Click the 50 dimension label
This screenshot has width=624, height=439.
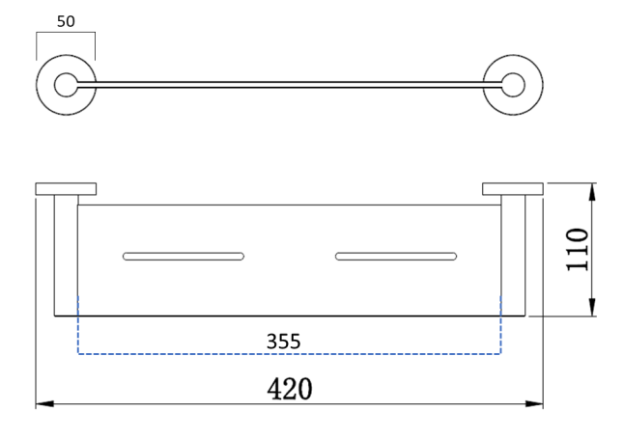pos(66,21)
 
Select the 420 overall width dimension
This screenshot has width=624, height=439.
pos(290,389)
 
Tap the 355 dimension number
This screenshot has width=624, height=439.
pos(283,342)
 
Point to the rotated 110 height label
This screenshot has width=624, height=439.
pos(577,250)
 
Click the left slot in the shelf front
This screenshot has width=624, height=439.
pos(184,256)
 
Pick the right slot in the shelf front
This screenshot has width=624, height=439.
pos(396,256)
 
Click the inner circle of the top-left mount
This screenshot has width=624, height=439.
pos(66,85)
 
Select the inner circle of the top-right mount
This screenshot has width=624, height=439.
pos(513,85)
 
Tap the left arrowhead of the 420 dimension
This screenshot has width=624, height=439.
pos(44,404)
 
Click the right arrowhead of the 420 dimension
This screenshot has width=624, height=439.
pos(534,404)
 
